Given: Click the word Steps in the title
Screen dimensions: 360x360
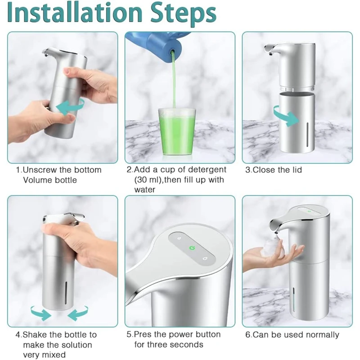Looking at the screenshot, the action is tap(183, 14).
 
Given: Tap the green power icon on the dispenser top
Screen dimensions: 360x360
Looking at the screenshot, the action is tap(192, 248).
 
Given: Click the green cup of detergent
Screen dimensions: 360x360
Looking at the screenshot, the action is tap(177, 132).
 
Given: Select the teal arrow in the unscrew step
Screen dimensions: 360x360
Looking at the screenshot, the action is tap(70, 106).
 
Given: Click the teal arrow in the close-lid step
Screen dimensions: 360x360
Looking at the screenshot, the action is tap(286, 116).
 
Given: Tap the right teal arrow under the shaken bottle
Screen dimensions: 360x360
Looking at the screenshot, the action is tap(78, 313).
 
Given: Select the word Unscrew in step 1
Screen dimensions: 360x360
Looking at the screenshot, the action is tap(40, 170).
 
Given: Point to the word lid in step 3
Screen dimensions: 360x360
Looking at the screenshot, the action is tap(297, 170).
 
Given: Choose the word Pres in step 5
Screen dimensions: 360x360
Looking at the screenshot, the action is tap(143, 334).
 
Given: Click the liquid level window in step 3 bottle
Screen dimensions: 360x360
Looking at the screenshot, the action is tap(307, 135).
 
